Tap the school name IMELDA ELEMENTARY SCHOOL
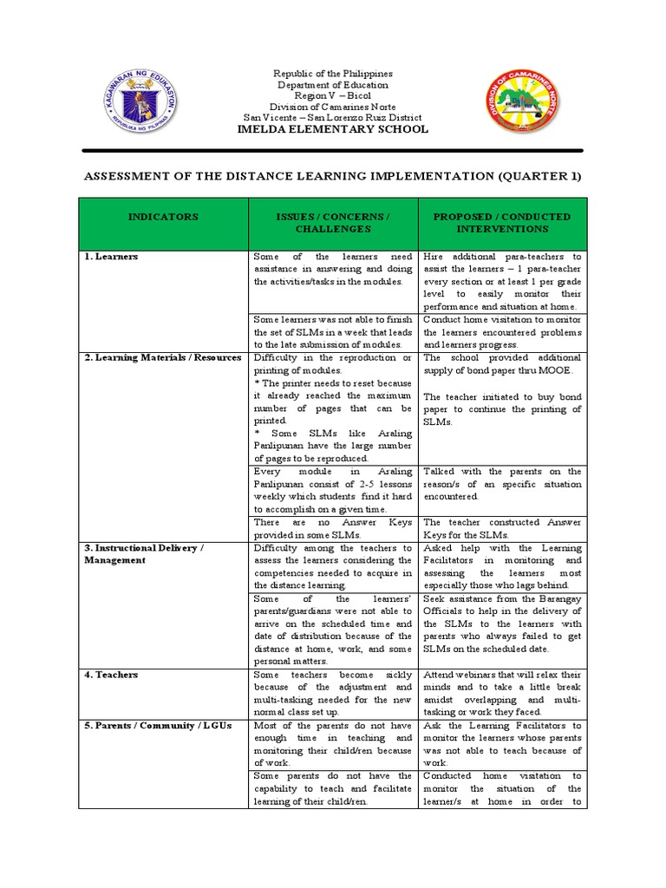point(335,129)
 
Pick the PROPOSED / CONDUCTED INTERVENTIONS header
point(502,223)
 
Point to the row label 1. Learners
point(111,258)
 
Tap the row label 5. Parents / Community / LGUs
point(159,726)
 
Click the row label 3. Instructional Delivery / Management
point(143,554)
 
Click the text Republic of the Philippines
point(335,75)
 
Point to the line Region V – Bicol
point(335,96)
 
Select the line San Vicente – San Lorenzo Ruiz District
point(335,118)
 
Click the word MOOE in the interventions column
point(554,371)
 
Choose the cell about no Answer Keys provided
point(332,528)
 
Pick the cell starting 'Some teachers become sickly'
point(332,693)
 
